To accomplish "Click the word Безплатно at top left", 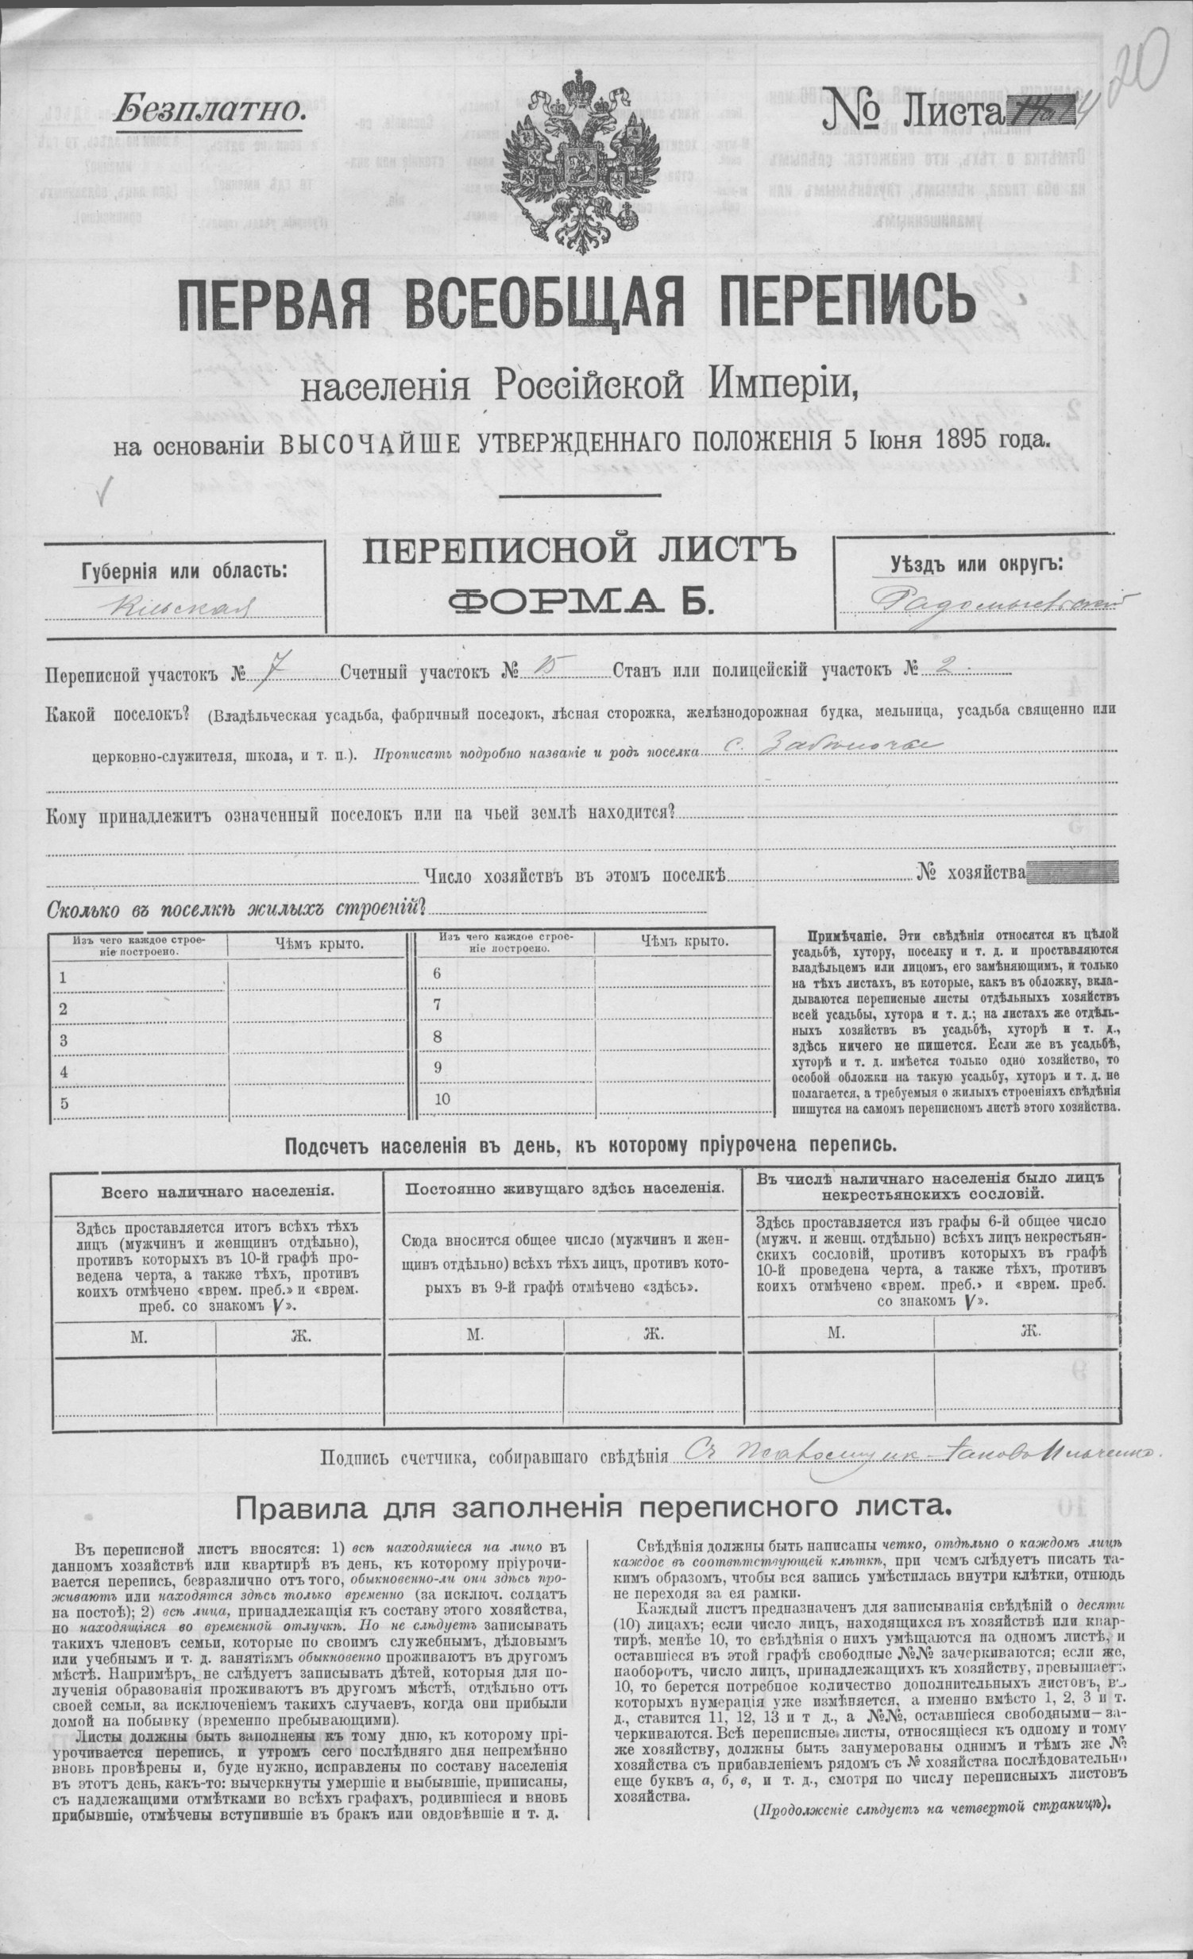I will click(209, 110).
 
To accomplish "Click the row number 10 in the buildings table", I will click(443, 1099).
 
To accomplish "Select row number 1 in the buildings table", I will click(63, 978).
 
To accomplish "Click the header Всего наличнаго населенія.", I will click(217, 1193).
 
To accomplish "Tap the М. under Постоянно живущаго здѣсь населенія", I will click(474, 1335).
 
